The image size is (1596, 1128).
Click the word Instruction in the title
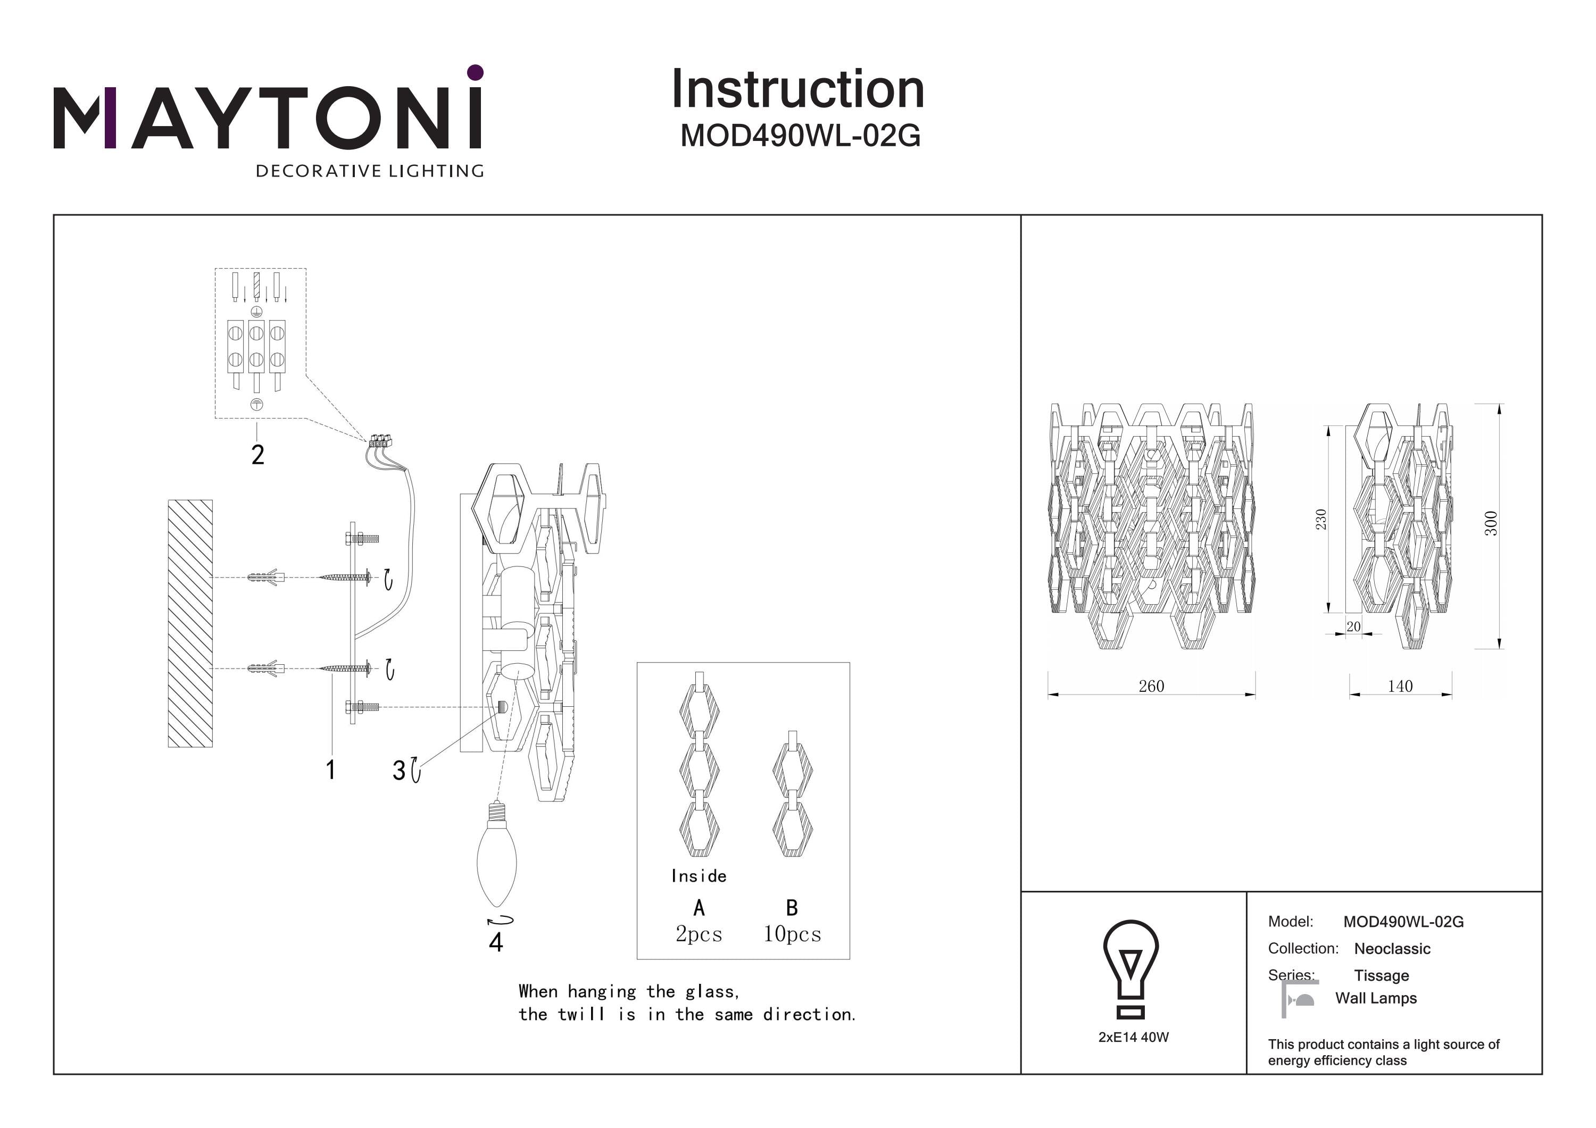pos(797,90)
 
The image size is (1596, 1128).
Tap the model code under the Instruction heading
pos(800,136)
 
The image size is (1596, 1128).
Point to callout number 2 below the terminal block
pos(258,455)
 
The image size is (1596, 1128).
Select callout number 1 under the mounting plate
pos(331,770)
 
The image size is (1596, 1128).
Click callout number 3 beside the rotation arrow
pos(399,770)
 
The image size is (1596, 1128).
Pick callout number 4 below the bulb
pos(496,942)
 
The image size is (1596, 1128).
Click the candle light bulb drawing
pos(496,859)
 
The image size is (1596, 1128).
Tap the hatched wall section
pos(190,623)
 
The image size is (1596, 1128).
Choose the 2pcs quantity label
pos(699,933)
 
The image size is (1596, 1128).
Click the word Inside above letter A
pos(699,876)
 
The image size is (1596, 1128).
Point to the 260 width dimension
pos(1151,686)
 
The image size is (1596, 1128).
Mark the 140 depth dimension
pos(1400,686)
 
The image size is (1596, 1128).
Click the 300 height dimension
pos(1490,523)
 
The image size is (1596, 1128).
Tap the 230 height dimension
pos(1321,519)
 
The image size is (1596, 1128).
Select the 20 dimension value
pos(1353,626)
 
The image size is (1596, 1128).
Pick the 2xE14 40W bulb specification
pos(1133,1037)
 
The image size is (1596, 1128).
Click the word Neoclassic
pos(1392,949)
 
